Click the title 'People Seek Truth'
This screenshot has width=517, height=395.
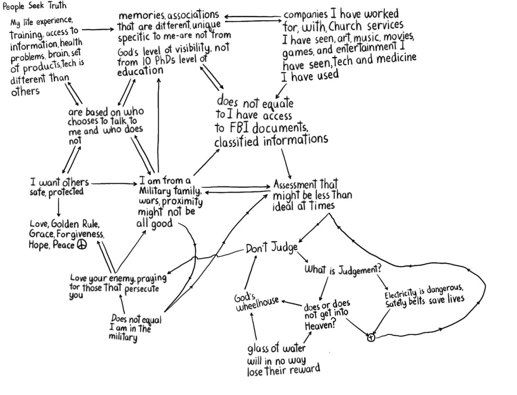click(x=35, y=6)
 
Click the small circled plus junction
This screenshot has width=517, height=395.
click(x=371, y=337)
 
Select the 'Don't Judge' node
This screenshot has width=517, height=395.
click(x=272, y=248)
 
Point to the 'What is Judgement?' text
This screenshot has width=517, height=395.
click(x=343, y=270)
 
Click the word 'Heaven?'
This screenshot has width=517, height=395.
click(x=320, y=326)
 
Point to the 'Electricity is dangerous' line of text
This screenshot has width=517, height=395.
click(x=424, y=291)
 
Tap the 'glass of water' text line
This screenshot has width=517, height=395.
click(x=276, y=348)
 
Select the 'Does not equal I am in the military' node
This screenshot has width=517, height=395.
click(x=135, y=328)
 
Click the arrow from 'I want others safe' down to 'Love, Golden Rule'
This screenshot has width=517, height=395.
click(x=59, y=208)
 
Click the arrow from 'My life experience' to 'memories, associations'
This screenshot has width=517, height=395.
click(x=98, y=30)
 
